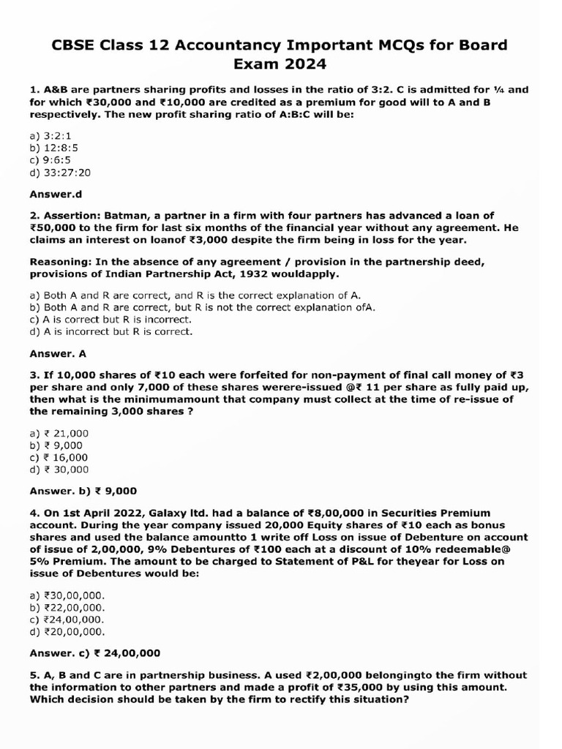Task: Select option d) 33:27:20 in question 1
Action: point(61,173)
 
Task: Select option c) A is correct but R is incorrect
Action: point(110,320)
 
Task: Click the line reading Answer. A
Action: point(58,353)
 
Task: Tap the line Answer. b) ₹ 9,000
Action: point(83,491)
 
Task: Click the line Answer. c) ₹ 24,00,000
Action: point(94,653)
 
